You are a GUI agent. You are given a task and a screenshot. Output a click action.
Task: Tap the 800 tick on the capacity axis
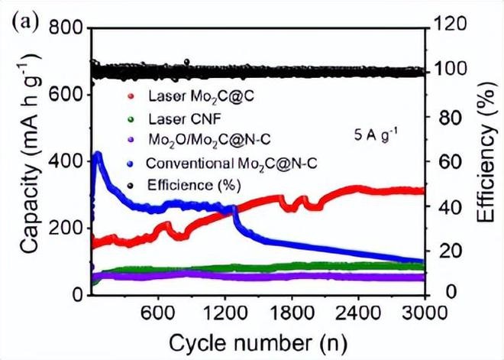pos(65,29)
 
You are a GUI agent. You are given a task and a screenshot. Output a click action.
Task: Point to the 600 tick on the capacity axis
pos(65,95)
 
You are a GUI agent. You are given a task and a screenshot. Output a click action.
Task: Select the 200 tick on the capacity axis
pos(65,229)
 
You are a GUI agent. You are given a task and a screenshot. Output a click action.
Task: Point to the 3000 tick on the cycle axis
pos(425,313)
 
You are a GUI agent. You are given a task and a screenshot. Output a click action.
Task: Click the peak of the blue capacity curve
pos(98,154)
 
